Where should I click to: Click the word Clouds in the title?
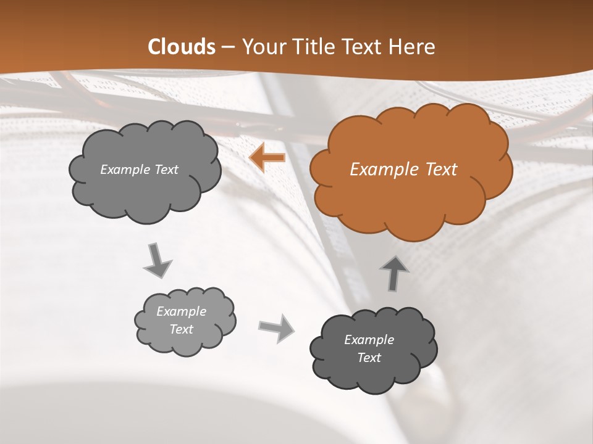(182, 47)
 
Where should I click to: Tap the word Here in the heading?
(413, 47)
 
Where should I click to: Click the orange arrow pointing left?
(267, 158)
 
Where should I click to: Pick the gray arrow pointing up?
(394, 273)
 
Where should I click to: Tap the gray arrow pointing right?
(277, 328)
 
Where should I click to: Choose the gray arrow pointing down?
(158, 260)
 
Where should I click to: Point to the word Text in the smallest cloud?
(182, 329)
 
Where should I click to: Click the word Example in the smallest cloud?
(182, 311)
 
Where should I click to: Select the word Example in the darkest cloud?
(369, 340)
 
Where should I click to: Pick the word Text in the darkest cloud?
(369, 358)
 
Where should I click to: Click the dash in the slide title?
(228, 47)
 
